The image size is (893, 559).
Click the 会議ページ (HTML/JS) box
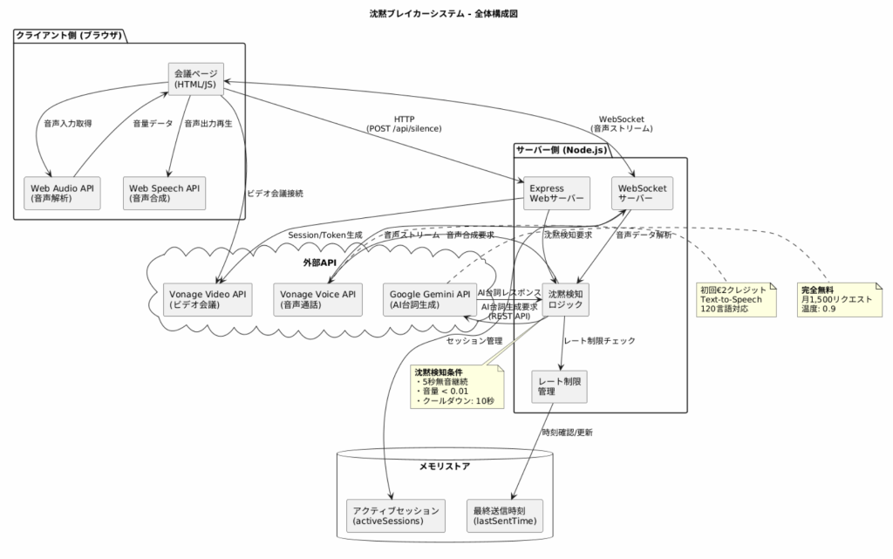[x=195, y=78]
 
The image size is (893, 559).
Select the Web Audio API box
[x=63, y=193]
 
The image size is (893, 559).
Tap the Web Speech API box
[x=165, y=193]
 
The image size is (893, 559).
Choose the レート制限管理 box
[x=559, y=386]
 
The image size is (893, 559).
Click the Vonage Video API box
[x=208, y=300]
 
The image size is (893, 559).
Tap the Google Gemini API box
[x=427, y=300]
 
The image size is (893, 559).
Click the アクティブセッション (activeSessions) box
[x=396, y=515]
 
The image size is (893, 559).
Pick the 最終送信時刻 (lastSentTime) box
[x=504, y=515]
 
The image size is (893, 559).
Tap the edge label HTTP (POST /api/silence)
[x=404, y=123]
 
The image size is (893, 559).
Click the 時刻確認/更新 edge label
[x=566, y=432]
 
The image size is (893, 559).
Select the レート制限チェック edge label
[x=600, y=341]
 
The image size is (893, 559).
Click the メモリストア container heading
[x=445, y=467]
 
